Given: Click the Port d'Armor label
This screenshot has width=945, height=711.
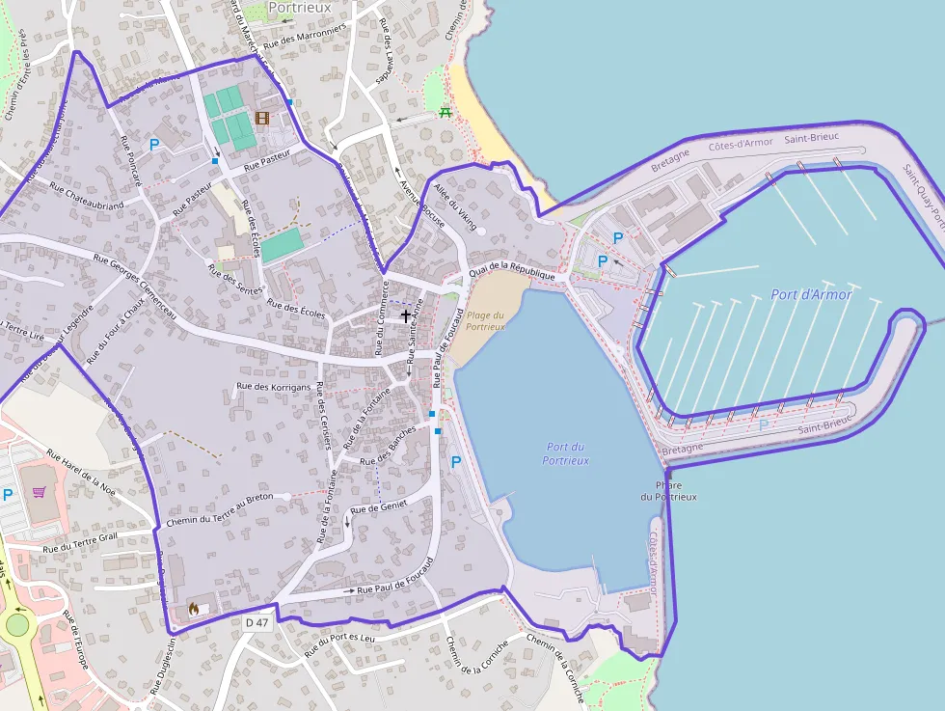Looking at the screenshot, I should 811,294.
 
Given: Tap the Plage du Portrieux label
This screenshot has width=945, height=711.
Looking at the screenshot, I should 485,320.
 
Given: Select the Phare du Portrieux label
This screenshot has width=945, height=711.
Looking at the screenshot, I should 668,491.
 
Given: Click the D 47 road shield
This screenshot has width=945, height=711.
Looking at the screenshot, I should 256,623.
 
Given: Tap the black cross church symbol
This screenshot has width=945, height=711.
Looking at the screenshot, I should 406,314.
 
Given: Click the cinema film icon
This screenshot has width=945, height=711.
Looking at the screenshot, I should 262,118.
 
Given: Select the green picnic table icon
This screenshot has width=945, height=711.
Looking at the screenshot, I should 445,112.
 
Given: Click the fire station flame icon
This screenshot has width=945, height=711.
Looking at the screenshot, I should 193,608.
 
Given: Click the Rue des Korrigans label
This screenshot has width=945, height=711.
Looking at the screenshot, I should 274,388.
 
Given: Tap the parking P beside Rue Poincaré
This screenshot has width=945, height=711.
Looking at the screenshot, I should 153,145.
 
